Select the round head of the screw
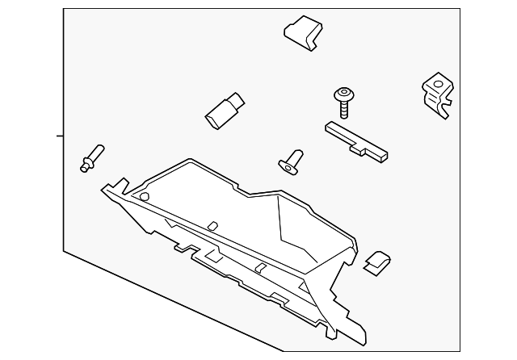pyautogui.click(x=345, y=94)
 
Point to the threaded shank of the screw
pyautogui.click(x=346, y=109)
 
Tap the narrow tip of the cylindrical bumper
pyautogui.click(x=237, y=101)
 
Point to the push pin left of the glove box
pyautogui.click(x=91, y=157)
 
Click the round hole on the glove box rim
pyautogui.click(x=144, y=196)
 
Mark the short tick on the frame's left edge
pyautogui.click(x=60, y=136)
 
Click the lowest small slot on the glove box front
pyautogui.click(x=261, y=267)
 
